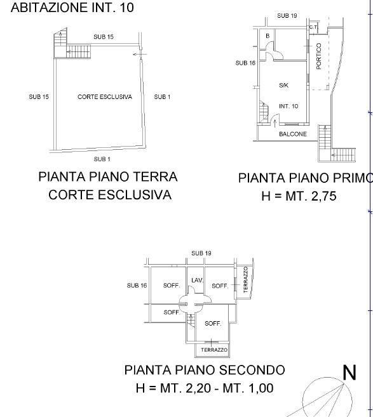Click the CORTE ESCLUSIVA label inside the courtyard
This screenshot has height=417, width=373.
(105, 97)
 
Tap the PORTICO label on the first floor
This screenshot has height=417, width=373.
(319, 56)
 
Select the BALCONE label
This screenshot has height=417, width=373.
(293, 134)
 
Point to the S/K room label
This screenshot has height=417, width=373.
(283, 86)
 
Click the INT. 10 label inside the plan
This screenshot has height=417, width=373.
(288, 106)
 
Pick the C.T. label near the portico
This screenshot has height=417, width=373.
(313, 27)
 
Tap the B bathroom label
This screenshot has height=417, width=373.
(268, 36)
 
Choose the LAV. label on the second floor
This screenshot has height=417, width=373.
(197, 280)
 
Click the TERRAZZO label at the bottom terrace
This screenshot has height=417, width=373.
(214, 350)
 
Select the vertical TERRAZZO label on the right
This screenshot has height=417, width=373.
(246, 279)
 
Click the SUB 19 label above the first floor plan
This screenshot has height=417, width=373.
(287, 16)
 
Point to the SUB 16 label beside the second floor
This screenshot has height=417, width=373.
(137, 286)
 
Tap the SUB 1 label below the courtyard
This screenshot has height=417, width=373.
(102, 159)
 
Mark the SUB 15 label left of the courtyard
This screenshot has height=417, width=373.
(39, 97)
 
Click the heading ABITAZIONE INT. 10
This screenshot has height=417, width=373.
(72, 8)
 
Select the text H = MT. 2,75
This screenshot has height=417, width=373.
(299, 196)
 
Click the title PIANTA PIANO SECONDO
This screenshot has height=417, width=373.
(205, 370)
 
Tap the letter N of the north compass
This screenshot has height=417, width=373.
(349, 373)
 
